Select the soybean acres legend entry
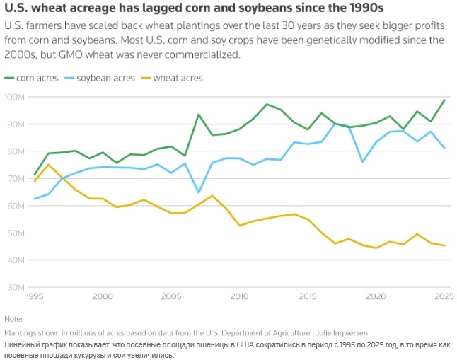click(x=101, y=78)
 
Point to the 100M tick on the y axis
click(x=15, y=96)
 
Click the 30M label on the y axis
click(x=15, y=288)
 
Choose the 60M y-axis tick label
click(x=15, y=206)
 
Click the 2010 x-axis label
click(x=239, y=296)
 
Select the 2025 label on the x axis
click(x=444, y=296)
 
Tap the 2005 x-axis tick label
click(x=171, y=296)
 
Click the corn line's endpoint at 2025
click(x=444, y=100)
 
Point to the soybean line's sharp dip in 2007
click(x=198, y=192)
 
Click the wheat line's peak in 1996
click(x=48, y=165)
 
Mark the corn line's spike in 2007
click(x=198, y=115)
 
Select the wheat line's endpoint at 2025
click(x=444, y=245)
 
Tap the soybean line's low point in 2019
click(x=362, y=162)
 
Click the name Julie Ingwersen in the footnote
click(x=346, y=332)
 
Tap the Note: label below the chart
click(x=13, y=319)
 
